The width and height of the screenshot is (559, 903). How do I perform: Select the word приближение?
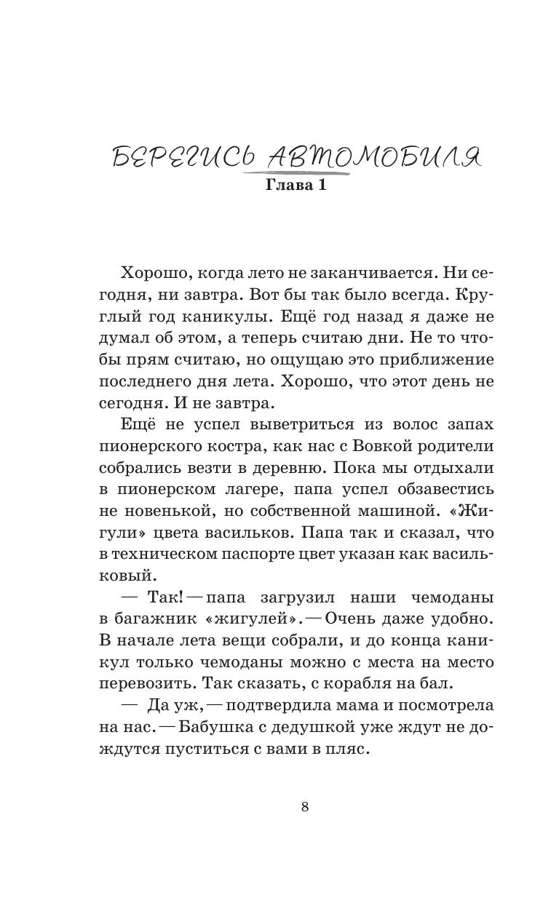[435, 359]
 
